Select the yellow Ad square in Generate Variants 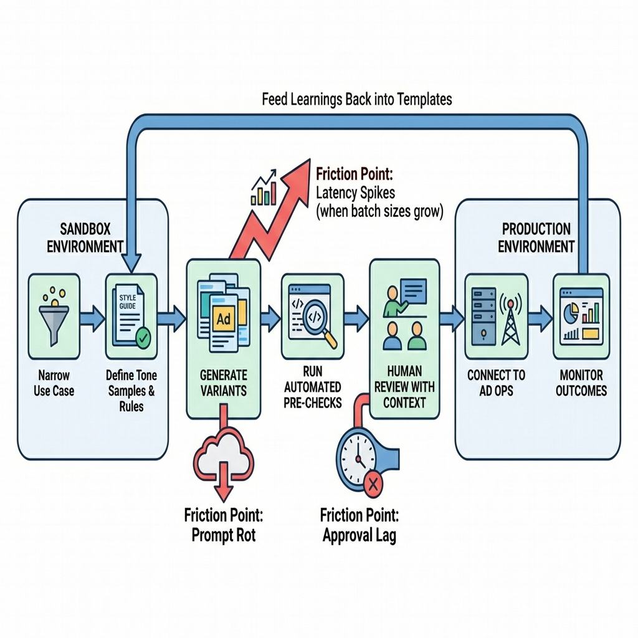point(222,320)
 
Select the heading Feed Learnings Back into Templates point(356,99)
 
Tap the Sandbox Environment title point(85,237)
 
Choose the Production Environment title point(536,237)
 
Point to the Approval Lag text point(359,535)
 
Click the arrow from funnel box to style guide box point(93,318)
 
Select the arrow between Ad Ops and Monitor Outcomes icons point(539,318)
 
